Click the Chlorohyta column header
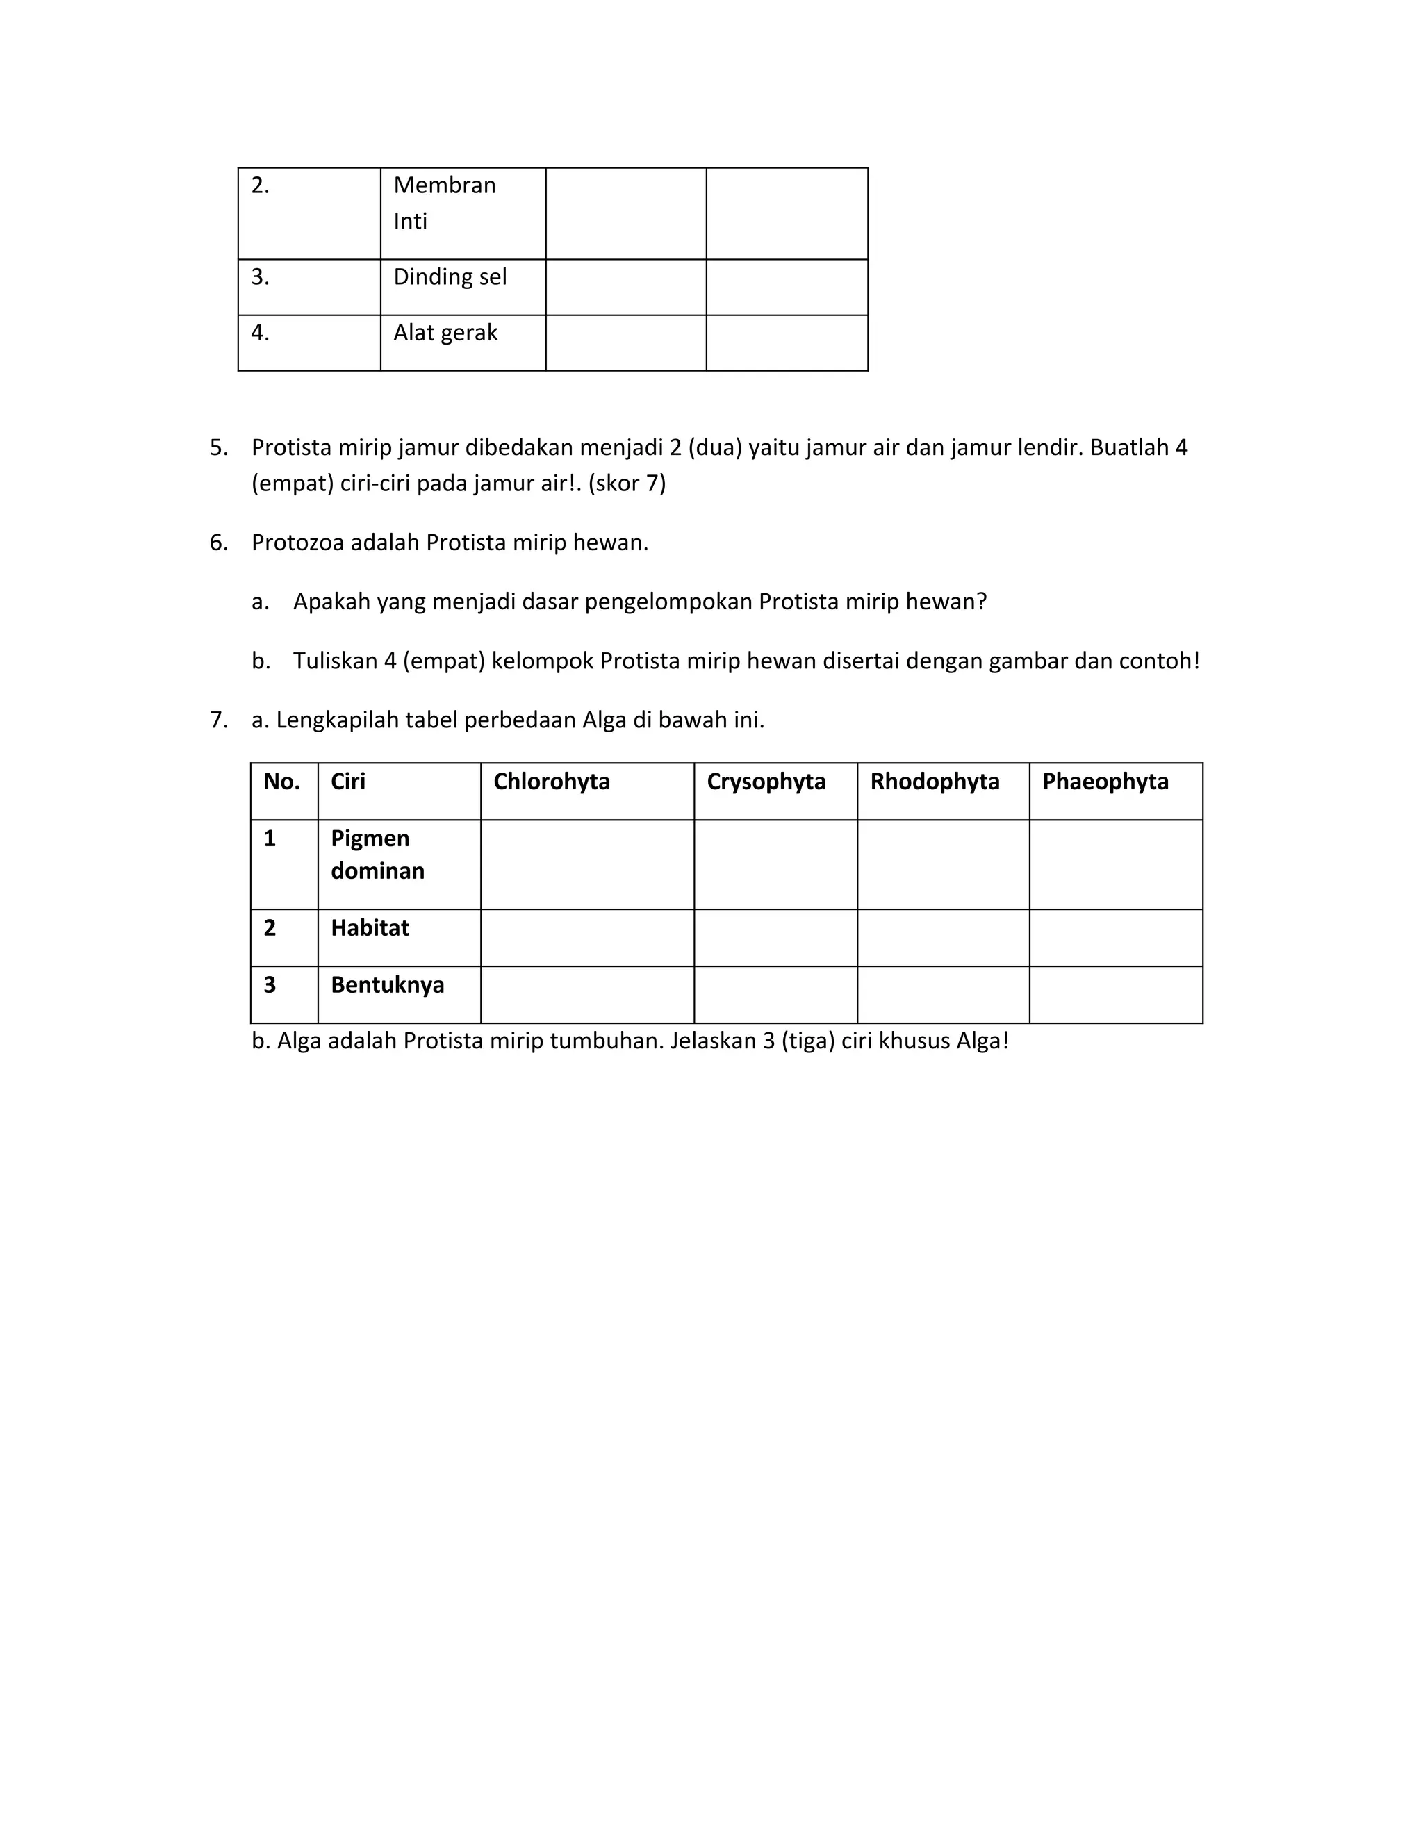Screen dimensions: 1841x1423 pos(551,782)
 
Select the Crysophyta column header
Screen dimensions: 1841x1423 pos(766,782)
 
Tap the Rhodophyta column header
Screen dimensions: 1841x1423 pos(934,782)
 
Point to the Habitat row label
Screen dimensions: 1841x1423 pos(369,928)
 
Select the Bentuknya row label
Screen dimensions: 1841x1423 pos(387,984)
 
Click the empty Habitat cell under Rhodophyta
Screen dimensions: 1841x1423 pos(942,937)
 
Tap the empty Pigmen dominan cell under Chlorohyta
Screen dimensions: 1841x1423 pos(586,864)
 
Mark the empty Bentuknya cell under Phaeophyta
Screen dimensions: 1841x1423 pos(1115,995)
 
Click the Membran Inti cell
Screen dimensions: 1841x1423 pos(444,203)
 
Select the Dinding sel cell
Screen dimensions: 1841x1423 pos(450,277)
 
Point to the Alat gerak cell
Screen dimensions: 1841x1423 pos(445,333)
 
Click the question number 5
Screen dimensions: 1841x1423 pos(218,447)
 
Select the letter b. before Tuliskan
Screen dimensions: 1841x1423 pos(261,661)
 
